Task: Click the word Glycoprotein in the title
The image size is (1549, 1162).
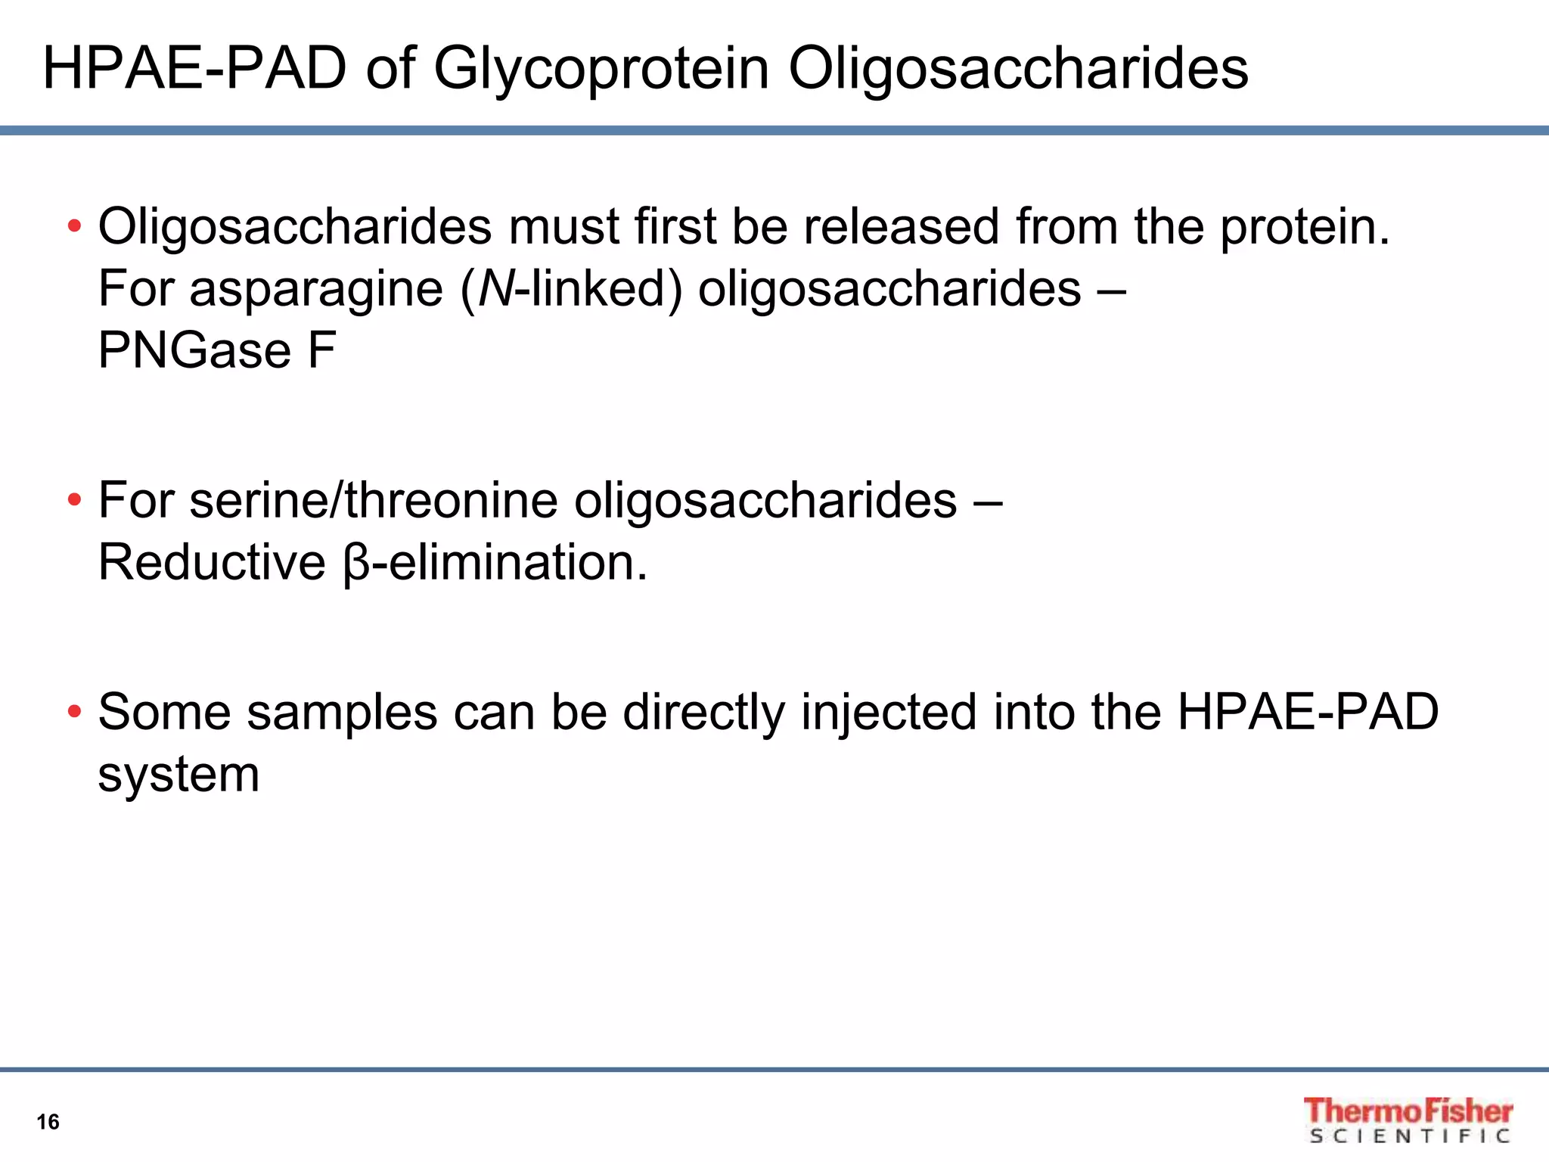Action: (601, 70)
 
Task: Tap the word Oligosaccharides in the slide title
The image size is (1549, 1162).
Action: (1018, 70)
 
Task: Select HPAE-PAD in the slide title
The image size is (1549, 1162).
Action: (194, 69)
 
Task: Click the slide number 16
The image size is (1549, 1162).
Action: (48, 1122)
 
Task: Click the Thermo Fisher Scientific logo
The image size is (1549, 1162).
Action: (1408, 1120)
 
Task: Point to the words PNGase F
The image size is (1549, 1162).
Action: (217, 350)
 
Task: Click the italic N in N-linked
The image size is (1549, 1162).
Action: (495, 289)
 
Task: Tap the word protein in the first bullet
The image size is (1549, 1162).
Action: (1304, 228)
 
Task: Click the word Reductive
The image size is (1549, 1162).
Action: (212, 563)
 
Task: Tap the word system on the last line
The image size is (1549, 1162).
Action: (179, 776)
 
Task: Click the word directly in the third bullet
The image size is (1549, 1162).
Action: (703, 713)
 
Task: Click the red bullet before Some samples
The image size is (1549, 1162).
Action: (74, 712)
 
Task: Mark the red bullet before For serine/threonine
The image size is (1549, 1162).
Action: (74, 500)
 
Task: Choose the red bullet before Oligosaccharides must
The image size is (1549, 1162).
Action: (74, 226)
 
